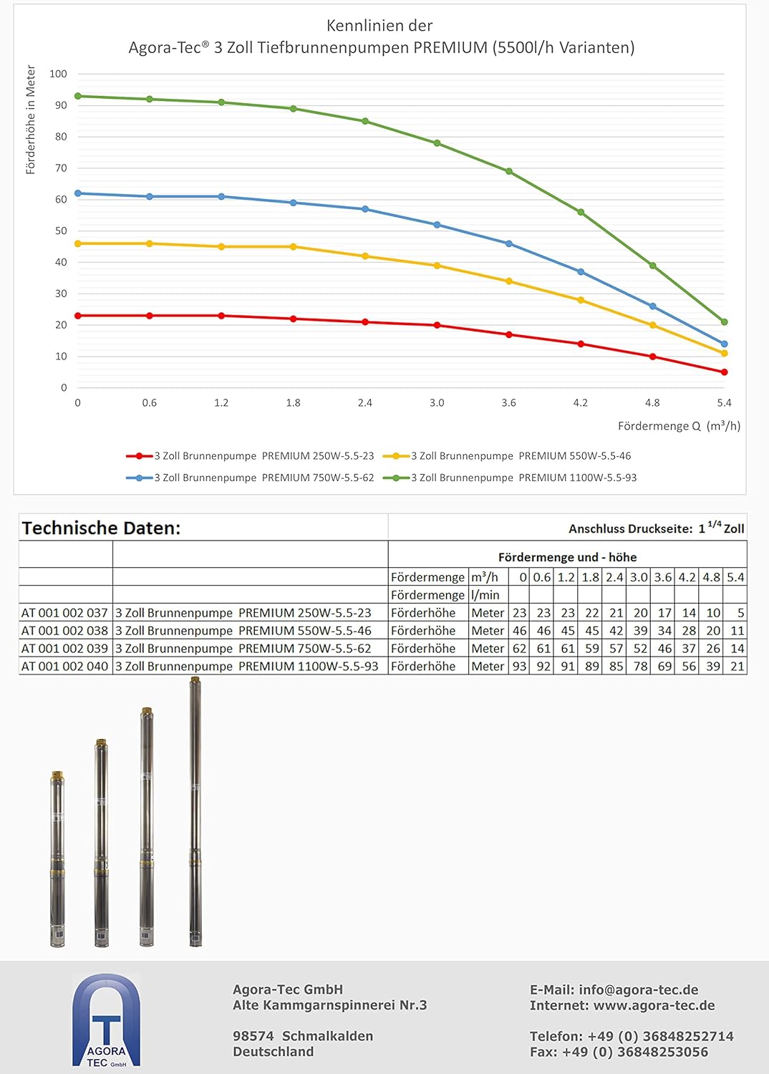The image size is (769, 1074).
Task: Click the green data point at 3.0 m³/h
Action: tap(437, 143)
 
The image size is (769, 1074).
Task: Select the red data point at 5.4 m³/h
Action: tap(724, 372)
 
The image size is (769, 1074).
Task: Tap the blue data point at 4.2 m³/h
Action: tap(581, 272)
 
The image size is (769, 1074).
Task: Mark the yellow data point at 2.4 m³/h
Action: tap(365, 256)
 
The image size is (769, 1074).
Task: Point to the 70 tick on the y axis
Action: tap(61, 168)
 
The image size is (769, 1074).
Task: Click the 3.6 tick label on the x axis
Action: tap(508, 402)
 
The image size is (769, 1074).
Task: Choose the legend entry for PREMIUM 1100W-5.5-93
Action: tap(510, 478)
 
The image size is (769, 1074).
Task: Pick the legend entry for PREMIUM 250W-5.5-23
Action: tap(250, 456)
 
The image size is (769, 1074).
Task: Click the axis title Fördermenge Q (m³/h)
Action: tap(679, 426)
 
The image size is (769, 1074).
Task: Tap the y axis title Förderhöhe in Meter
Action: tap(31, 120)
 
